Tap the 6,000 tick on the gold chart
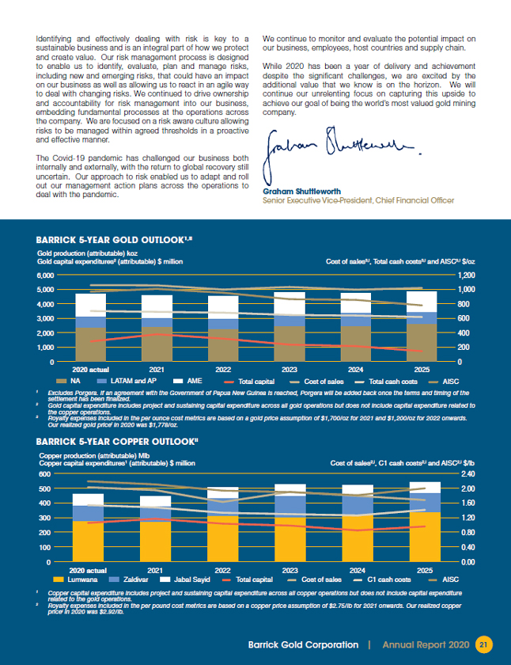44,275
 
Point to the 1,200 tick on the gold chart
467,275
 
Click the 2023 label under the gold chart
290,370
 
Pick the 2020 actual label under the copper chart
89,570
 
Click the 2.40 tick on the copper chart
468,474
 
